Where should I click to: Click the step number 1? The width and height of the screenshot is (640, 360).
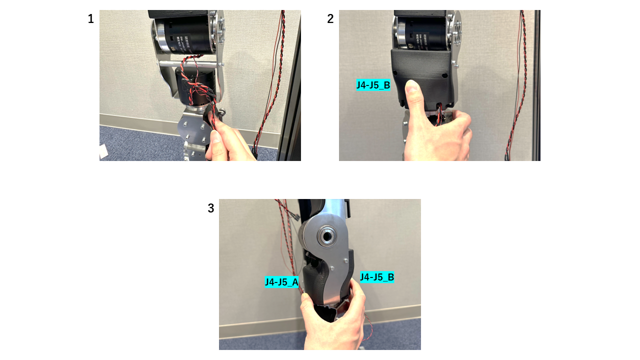[x=90, y=19]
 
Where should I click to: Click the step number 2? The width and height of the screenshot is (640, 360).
[x=330, y=19]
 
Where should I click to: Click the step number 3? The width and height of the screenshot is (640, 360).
[x=211, y=208]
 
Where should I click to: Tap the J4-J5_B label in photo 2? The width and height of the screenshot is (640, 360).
[x=373, y=85]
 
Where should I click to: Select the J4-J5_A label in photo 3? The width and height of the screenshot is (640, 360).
[x=281, y=282]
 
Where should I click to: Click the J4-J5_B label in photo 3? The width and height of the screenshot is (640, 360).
[x=377, y=277]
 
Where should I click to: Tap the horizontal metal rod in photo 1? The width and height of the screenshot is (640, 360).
[x=190, y=64]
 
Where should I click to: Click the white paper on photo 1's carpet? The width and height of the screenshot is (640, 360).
[x=103, y=152]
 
